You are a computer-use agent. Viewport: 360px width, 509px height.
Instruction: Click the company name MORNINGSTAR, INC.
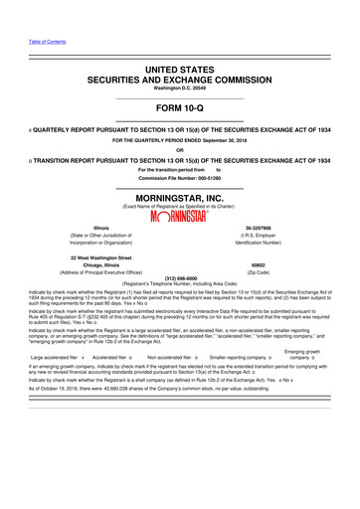179,197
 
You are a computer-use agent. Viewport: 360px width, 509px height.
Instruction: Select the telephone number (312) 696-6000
179,279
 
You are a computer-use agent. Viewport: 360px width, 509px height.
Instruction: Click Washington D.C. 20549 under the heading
179,87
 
